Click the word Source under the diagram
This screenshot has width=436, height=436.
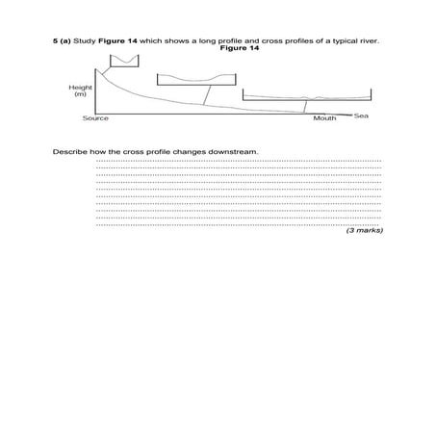pos(95,118)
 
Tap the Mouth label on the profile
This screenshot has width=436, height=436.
pos(324,118)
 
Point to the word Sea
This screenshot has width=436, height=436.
pos(362,116)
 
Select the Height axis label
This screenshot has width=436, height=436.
pos(81,87)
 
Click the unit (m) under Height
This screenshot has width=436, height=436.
pos(81,93)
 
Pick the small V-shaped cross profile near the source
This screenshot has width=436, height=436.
pos(122,63)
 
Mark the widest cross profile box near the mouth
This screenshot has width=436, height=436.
pos(306,95)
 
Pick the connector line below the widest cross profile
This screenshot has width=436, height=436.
pos(305,107)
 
